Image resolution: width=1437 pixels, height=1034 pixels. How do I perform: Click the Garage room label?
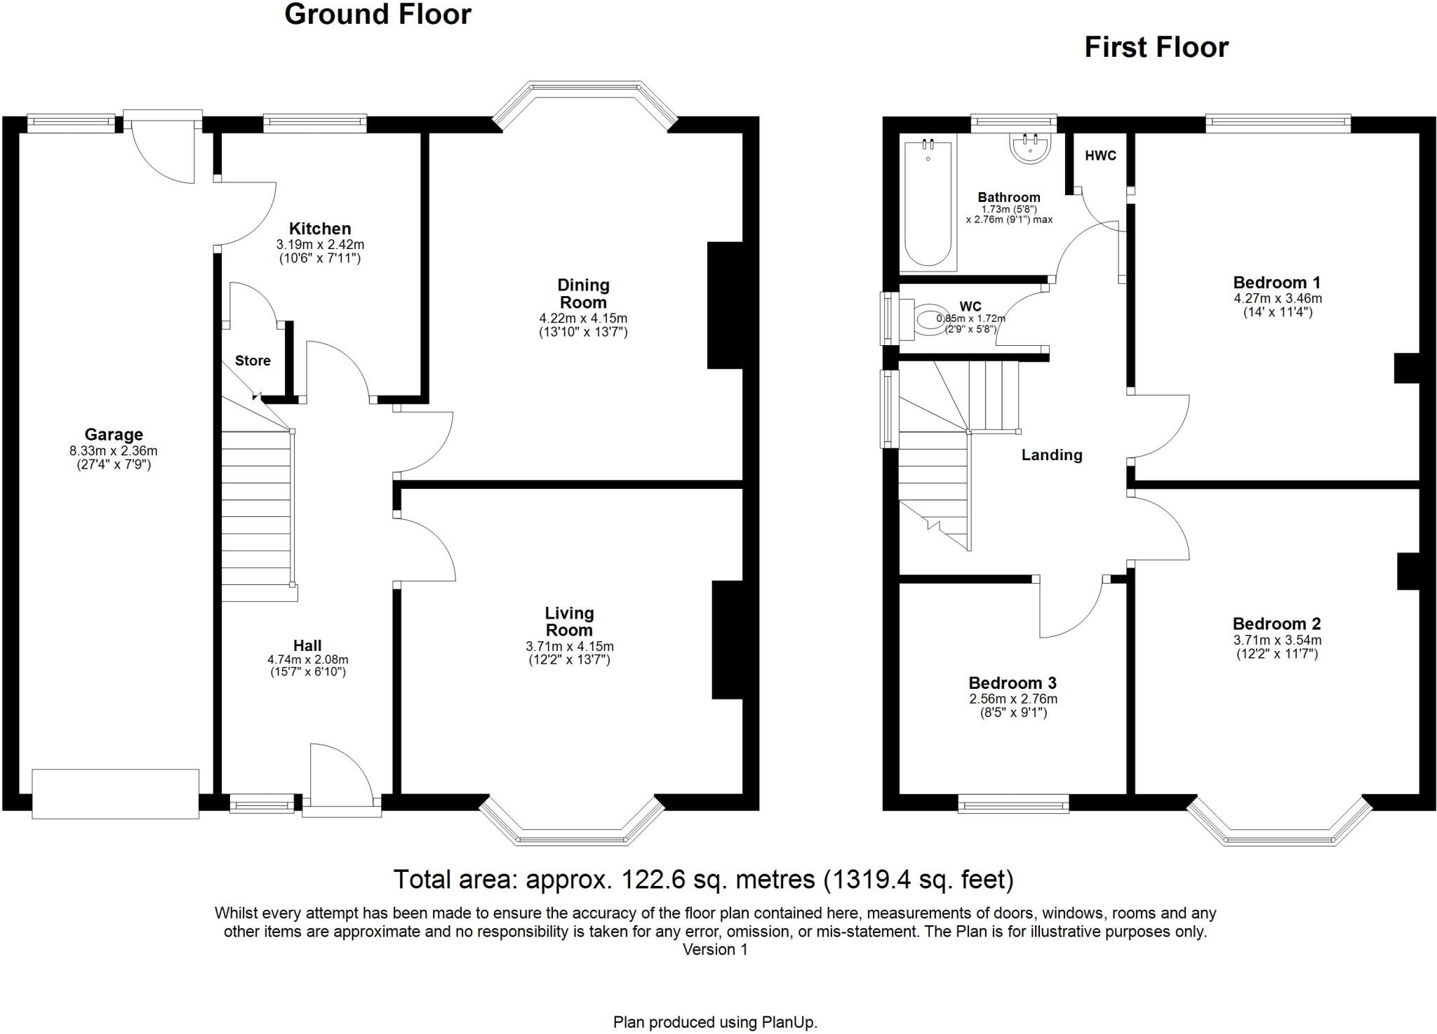coord(114,435)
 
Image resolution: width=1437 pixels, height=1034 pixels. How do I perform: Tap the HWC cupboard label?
coord(1100,156)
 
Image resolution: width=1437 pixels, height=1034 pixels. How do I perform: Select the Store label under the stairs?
coord(253,361)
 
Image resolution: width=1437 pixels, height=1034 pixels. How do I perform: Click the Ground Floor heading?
coord(377,15)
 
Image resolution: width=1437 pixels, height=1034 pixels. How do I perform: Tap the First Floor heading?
coord(1156,48)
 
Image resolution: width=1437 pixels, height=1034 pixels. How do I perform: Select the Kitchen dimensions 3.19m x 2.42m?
coord(320,245)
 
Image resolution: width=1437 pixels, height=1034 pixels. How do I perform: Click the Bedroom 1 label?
coord(1276,283)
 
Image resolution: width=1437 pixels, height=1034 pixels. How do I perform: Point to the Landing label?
coord(1051,455)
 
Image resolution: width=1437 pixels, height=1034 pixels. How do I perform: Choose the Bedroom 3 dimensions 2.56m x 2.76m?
coord(1013,699)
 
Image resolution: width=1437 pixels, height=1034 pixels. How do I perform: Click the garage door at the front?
coord(116,793)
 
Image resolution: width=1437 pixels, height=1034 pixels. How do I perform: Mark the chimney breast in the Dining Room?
coord(725,306)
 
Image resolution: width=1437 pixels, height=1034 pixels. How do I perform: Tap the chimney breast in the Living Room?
coord(727,640)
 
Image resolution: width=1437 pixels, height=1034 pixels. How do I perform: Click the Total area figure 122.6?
coord(648,880)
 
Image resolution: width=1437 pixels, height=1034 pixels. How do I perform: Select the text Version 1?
coord(715,950)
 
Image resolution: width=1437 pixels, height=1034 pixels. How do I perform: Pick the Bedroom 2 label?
coord(1276,624)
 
